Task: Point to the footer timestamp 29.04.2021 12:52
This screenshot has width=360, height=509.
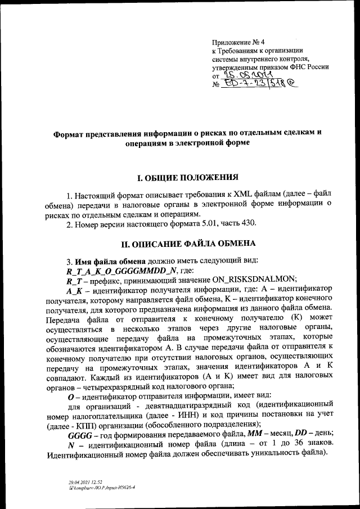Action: click(82, 482)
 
